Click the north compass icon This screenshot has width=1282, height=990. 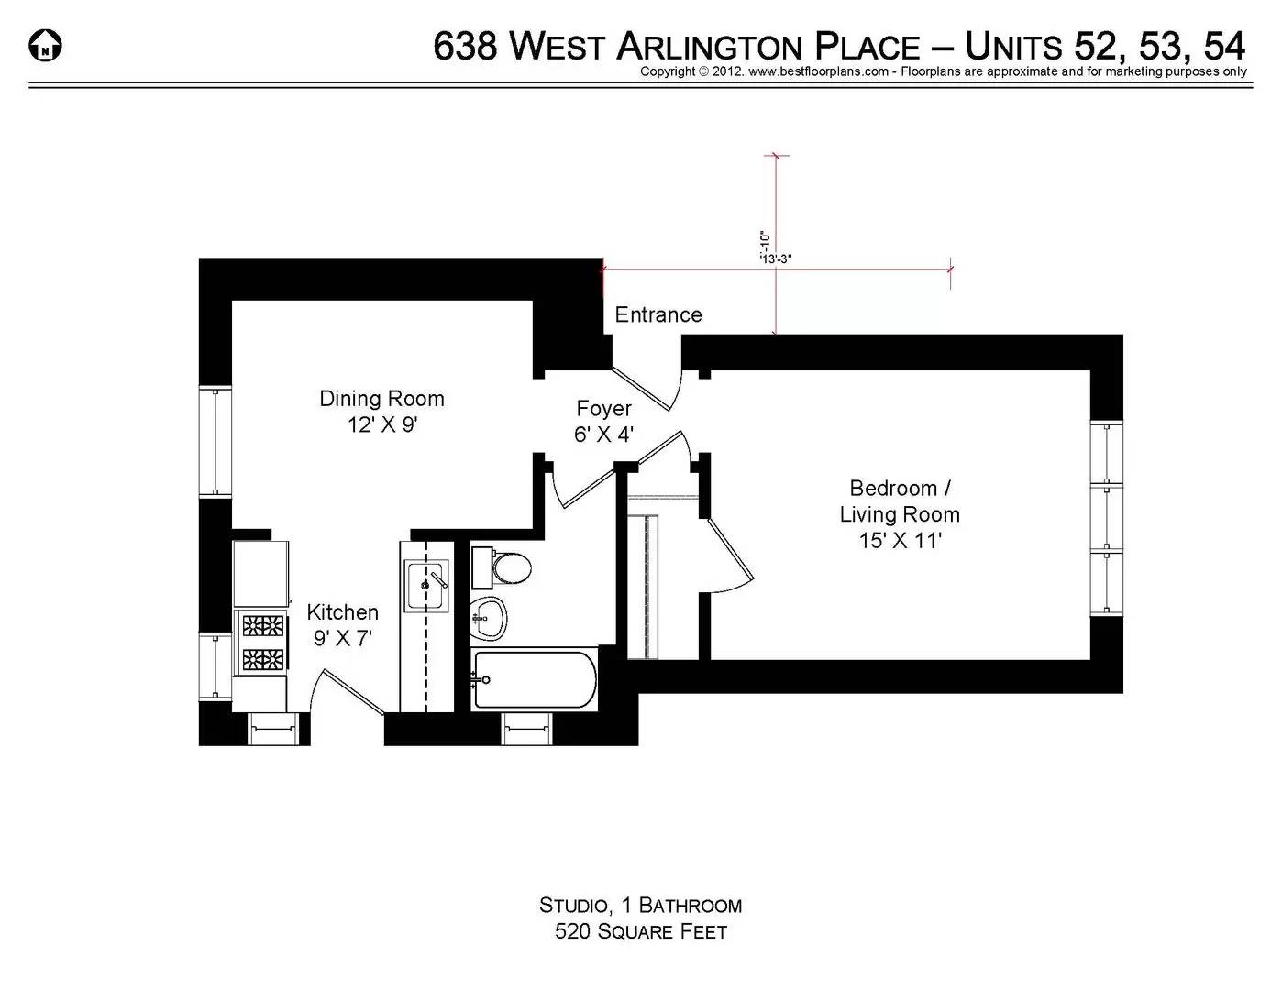pos(46,45)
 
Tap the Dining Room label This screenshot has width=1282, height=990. pos(381,399)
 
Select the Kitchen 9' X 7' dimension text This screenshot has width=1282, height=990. pos(343,639)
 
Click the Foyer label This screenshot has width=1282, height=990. pos(603,409)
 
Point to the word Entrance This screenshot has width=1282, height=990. pos(658,314)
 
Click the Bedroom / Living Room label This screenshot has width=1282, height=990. pos(899,501)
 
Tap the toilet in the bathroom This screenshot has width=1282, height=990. pos(503,567)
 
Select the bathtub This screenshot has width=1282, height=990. pos(534,680)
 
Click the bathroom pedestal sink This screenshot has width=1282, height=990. pos(489,617)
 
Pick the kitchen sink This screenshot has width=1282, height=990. pos(425,583)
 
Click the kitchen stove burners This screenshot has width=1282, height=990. pos(262,642)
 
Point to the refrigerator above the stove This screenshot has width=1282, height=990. pos(260,574)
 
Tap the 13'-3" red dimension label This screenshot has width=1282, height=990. pos(776,259)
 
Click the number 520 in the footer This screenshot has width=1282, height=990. pos(573,932)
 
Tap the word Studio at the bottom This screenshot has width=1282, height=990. pos(573,907)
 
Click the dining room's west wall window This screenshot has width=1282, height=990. pos(216,442)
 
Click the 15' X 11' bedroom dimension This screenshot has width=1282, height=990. pos(900,541)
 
